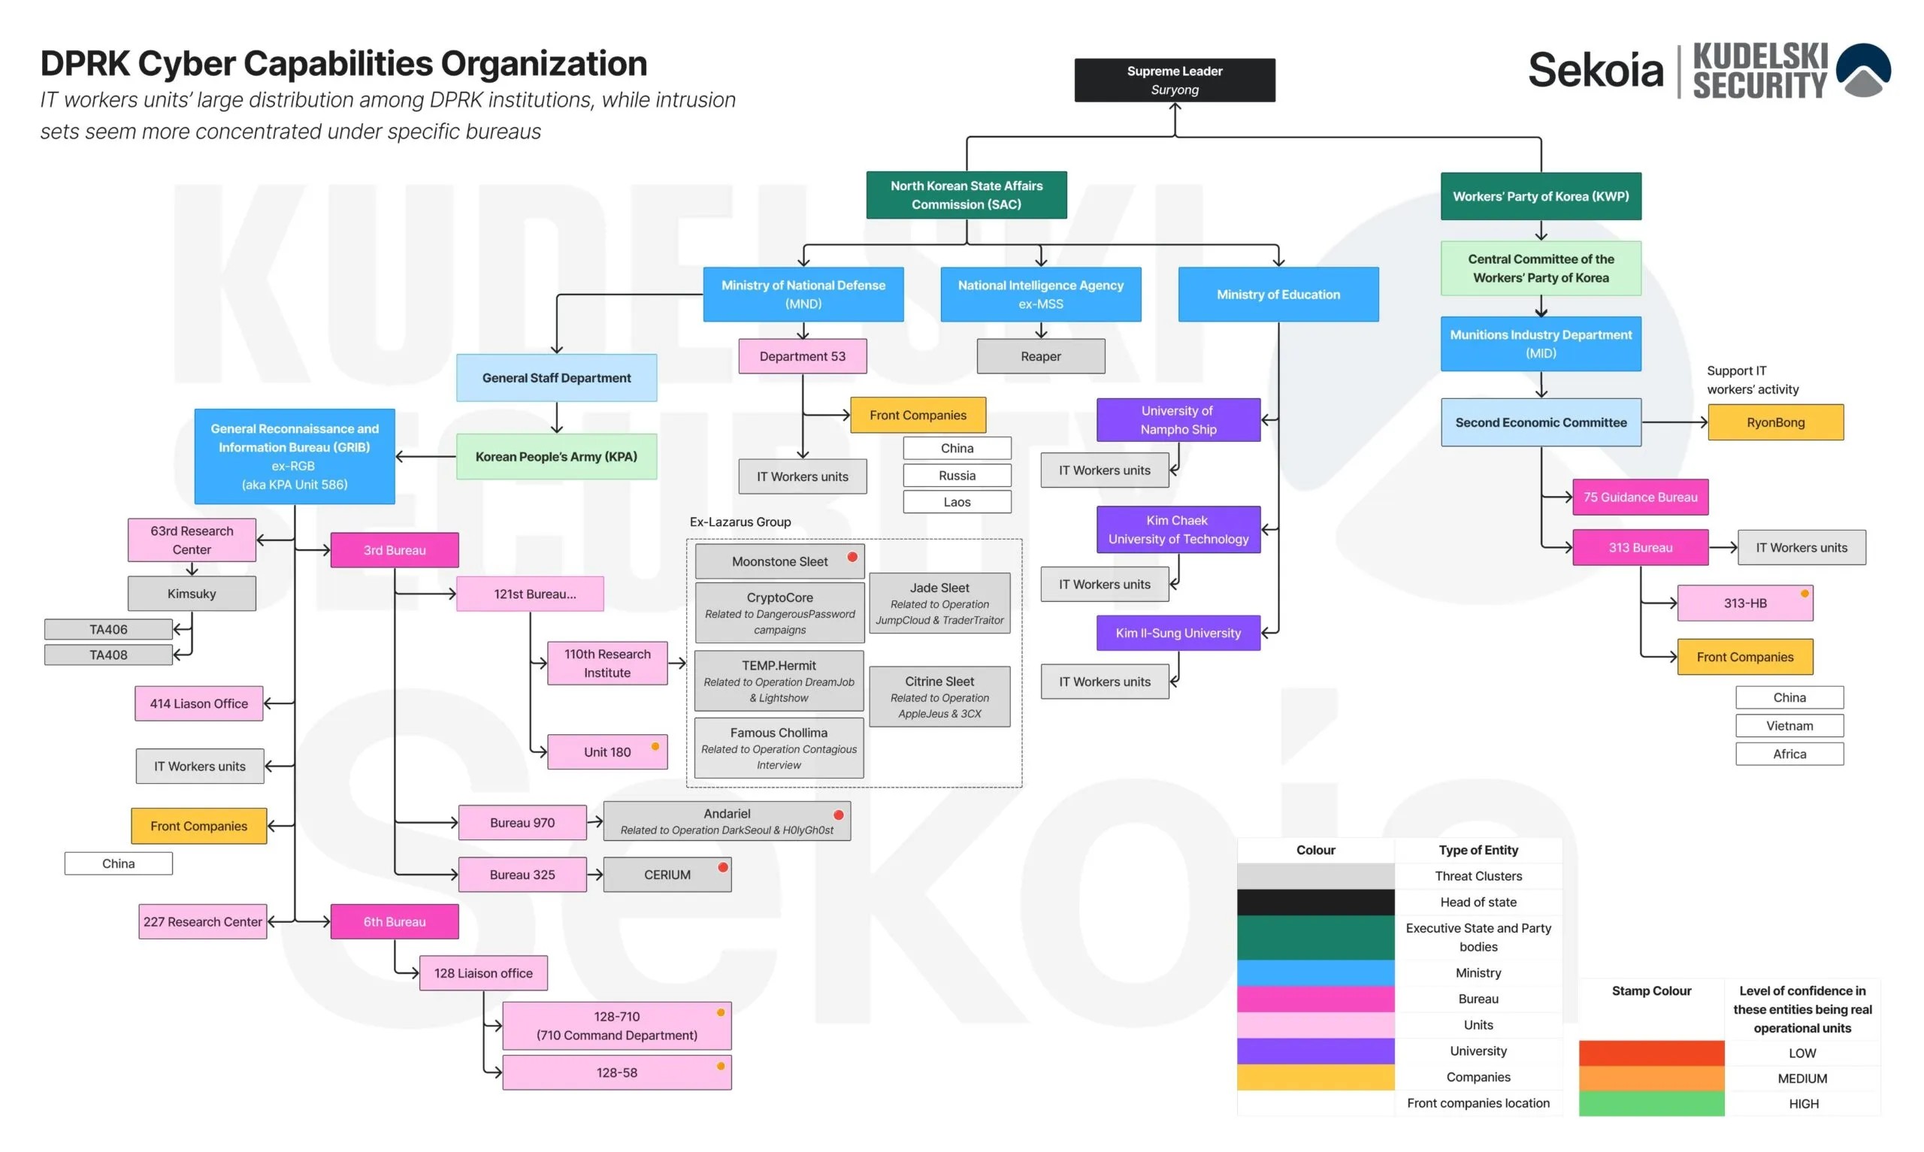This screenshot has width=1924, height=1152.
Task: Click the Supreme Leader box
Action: point(1174,80)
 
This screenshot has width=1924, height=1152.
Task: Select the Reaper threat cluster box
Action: point(1040,356)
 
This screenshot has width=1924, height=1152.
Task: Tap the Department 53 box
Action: point(803,356)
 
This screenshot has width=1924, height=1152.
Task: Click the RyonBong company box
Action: point(1775,422)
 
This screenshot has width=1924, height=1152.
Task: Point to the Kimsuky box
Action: point(192,594)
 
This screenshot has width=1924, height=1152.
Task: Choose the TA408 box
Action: point(109,655)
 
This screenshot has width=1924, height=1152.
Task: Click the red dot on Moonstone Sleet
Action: point(852,557)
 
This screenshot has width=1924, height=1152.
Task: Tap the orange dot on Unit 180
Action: point(655,747)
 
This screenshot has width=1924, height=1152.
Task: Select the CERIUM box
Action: point(667,875)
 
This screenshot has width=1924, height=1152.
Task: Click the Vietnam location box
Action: point(1789,726)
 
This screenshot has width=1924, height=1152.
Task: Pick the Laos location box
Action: point(957,502)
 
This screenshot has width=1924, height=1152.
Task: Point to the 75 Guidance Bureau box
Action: point(1640,497)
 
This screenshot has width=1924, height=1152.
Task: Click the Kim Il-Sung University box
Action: point(1178,633)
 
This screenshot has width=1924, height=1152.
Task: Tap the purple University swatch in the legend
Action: point(1315,1051)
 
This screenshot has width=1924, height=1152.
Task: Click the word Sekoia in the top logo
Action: point(1596,70)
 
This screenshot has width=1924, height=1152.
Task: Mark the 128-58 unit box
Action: point(617,1073)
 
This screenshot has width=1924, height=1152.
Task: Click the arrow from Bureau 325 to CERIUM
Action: point(595,875)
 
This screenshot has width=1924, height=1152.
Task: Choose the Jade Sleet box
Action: point(939,603)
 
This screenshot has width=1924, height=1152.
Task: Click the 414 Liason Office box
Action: point(198,703)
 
